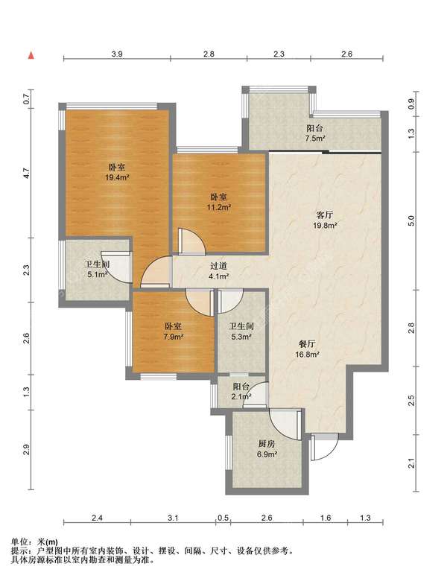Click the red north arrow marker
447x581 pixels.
click(x=31, y=56)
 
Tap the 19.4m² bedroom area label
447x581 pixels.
click(x=117, y=172)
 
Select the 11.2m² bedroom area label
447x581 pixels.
click(x=219, y=203)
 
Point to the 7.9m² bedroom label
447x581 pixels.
click(x=174, y=331)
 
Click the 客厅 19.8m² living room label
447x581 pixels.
click(x=324, y=220)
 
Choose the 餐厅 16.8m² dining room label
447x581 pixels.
click(x=308, y=349)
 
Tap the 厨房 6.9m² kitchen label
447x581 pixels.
click(x=267, y=448)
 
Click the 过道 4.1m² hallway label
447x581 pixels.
click(x=218, y=271)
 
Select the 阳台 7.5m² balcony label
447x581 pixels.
click(x=314, y=133)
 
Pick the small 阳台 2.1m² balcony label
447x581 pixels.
click(x=241, y=391)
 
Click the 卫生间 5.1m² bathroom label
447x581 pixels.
click(x=97, y=270)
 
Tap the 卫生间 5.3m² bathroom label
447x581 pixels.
click(x=241, y=331)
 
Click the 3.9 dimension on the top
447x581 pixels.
click(x=117, y=54)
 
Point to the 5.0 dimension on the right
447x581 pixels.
click(x=410, y=220)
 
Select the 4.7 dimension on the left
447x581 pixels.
click(x=25, y=173)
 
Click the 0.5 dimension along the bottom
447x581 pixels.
click(x=223, y=518)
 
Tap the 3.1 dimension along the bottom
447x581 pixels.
click(x=173, y=518)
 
